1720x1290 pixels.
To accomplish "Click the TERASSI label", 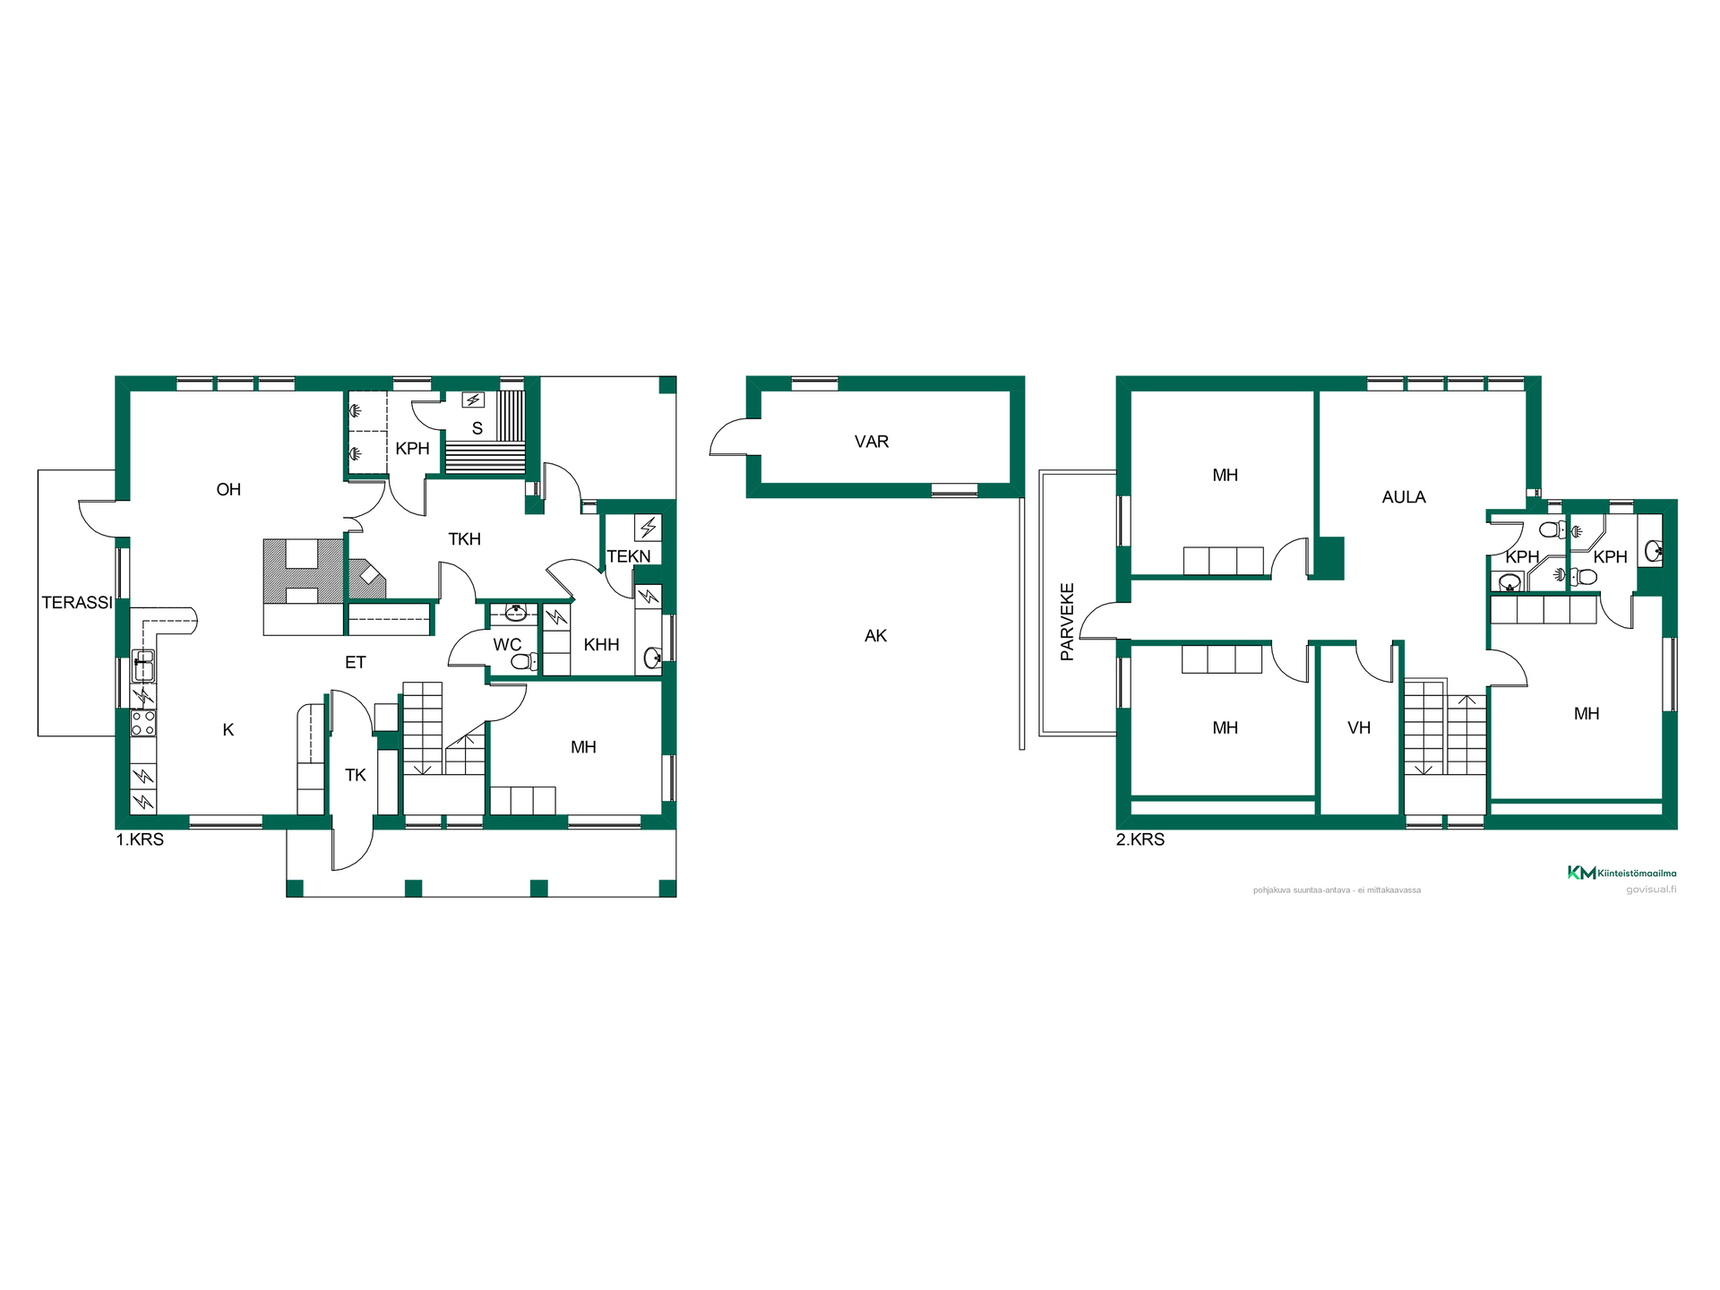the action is pyautogui.click(x=77, y=603).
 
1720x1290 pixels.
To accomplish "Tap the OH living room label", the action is pyautogui.click(x=228, y=489).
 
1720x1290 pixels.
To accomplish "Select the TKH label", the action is pyautogui.click(x=465, y=539).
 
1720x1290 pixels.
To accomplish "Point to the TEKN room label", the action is pyautogui.click(x=629, y=556).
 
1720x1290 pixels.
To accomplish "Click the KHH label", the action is pyautogui.click(x=601, y=645).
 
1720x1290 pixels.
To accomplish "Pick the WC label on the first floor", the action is pyautogui.click(x=507, y=645).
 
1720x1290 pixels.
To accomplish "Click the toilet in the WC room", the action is pyautogui.click(x=525, y=662).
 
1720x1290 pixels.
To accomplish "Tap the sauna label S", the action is pyautogui.click(x=477, y=429).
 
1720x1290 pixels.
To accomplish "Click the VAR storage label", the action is pyautogui.click(x=872, y=442).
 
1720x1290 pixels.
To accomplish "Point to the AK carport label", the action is pyautogui.click(x=875, y=636).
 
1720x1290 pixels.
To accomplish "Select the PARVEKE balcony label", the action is pyautogui.click(x=1067, y=623).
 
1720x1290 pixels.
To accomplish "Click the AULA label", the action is pyautogui.click(x=1404, y=497).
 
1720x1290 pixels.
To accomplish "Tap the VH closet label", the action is pyautogui.click(x=1359, y=728).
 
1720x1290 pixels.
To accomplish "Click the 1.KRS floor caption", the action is pyautogui.click(x=140, y=840).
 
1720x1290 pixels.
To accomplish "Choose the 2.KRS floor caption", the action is pyautogui.click(x=1140, y=840).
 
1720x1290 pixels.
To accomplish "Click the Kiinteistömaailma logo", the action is pyautogui.click(x=1621, y=873).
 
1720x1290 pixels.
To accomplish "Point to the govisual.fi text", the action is pyautogui.click(x=1651, y=890).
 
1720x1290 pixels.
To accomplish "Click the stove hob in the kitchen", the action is pyautogui.click(x=143, y=723).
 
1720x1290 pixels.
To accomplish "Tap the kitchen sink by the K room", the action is pyautogui.click(x=143, y=666).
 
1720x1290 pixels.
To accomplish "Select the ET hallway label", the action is pyautogui.click(x=356, y=663).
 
